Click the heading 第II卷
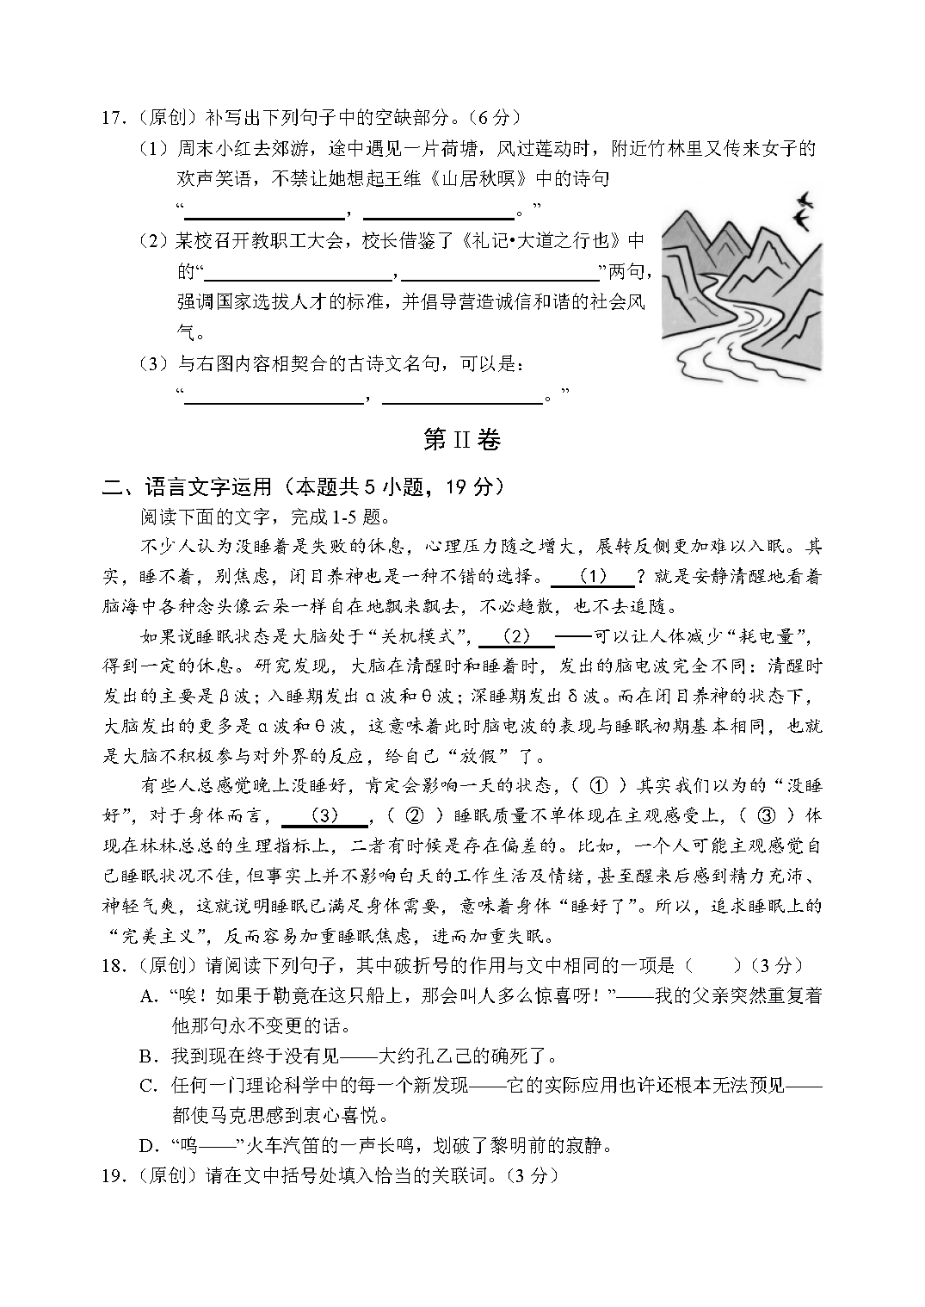point(462,440)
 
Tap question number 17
point(113,118)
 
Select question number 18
point(113,966)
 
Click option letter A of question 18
point(149,996)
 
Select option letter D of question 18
point(149,1146)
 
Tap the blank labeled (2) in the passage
point(515,637)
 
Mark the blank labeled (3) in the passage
point(324,815)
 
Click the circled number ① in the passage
point(599,785)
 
